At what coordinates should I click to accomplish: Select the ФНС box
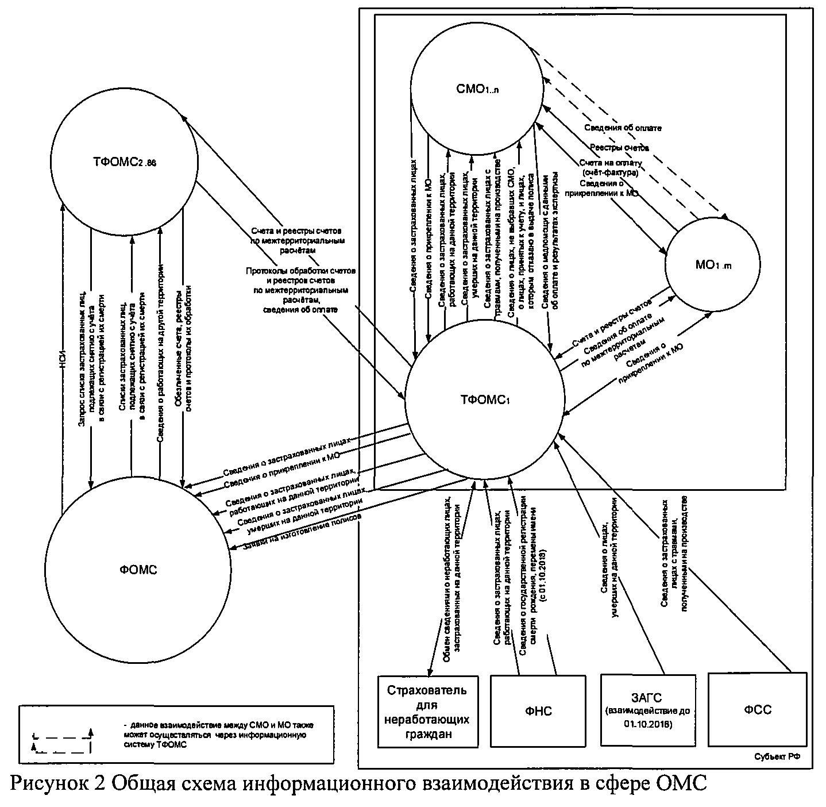[x=538, y=711]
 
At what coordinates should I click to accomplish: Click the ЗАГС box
[x=647, y=710]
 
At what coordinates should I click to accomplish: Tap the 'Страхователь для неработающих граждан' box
[x=428, y=710]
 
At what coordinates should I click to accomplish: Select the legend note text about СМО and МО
[x=218, y=734]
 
